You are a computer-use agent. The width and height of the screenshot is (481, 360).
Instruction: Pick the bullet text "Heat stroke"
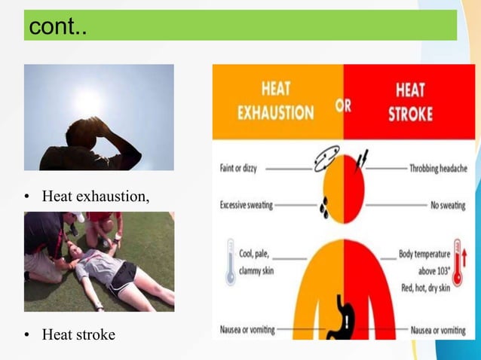point(78,334)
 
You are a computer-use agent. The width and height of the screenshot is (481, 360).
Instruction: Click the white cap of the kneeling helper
point(78,217)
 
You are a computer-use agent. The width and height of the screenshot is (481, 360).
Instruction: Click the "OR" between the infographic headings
point(343,106)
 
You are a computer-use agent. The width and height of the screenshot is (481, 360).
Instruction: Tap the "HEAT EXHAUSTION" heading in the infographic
point(276,101)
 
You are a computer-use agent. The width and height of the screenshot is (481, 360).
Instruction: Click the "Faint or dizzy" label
point(238,168)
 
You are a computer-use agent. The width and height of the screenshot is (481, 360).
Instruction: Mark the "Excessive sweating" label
point(247,204)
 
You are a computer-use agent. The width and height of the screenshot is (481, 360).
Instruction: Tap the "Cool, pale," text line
point(256,254)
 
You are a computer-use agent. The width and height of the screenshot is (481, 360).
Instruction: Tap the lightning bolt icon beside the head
point(361,159)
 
